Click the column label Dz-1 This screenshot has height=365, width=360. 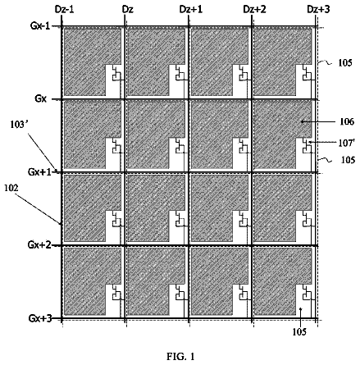(x=64, y=10)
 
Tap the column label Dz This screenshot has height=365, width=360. (x=127, y=10)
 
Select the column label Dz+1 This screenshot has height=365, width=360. (x=191, y=10)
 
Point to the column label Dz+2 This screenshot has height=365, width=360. (x=254, y=10)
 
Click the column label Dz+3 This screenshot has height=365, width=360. (x=318, y=10)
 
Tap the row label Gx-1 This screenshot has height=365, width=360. (x=40, y=26)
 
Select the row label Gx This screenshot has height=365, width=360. (x=40, y=98)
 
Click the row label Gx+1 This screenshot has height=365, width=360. (x=39, y=172)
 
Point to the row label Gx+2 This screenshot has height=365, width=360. (x=39, y=244)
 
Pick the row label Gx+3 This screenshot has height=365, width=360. (x=40, y=318)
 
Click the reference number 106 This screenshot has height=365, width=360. (x=347, y=121)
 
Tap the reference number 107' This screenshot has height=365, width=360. (x=347, y=143)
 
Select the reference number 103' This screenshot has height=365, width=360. (x=20, y=125)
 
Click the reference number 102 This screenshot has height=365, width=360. (x=11, y=188)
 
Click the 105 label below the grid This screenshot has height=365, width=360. (x=299, y=332)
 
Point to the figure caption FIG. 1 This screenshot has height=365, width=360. (x=180, y=357)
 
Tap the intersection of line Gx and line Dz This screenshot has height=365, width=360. (x=125, y=99)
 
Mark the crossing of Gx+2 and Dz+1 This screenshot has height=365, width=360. (x=189, y=245)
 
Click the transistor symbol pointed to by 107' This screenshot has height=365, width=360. (x=308, y=147)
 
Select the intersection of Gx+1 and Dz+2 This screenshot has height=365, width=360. (x=252, y=172)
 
